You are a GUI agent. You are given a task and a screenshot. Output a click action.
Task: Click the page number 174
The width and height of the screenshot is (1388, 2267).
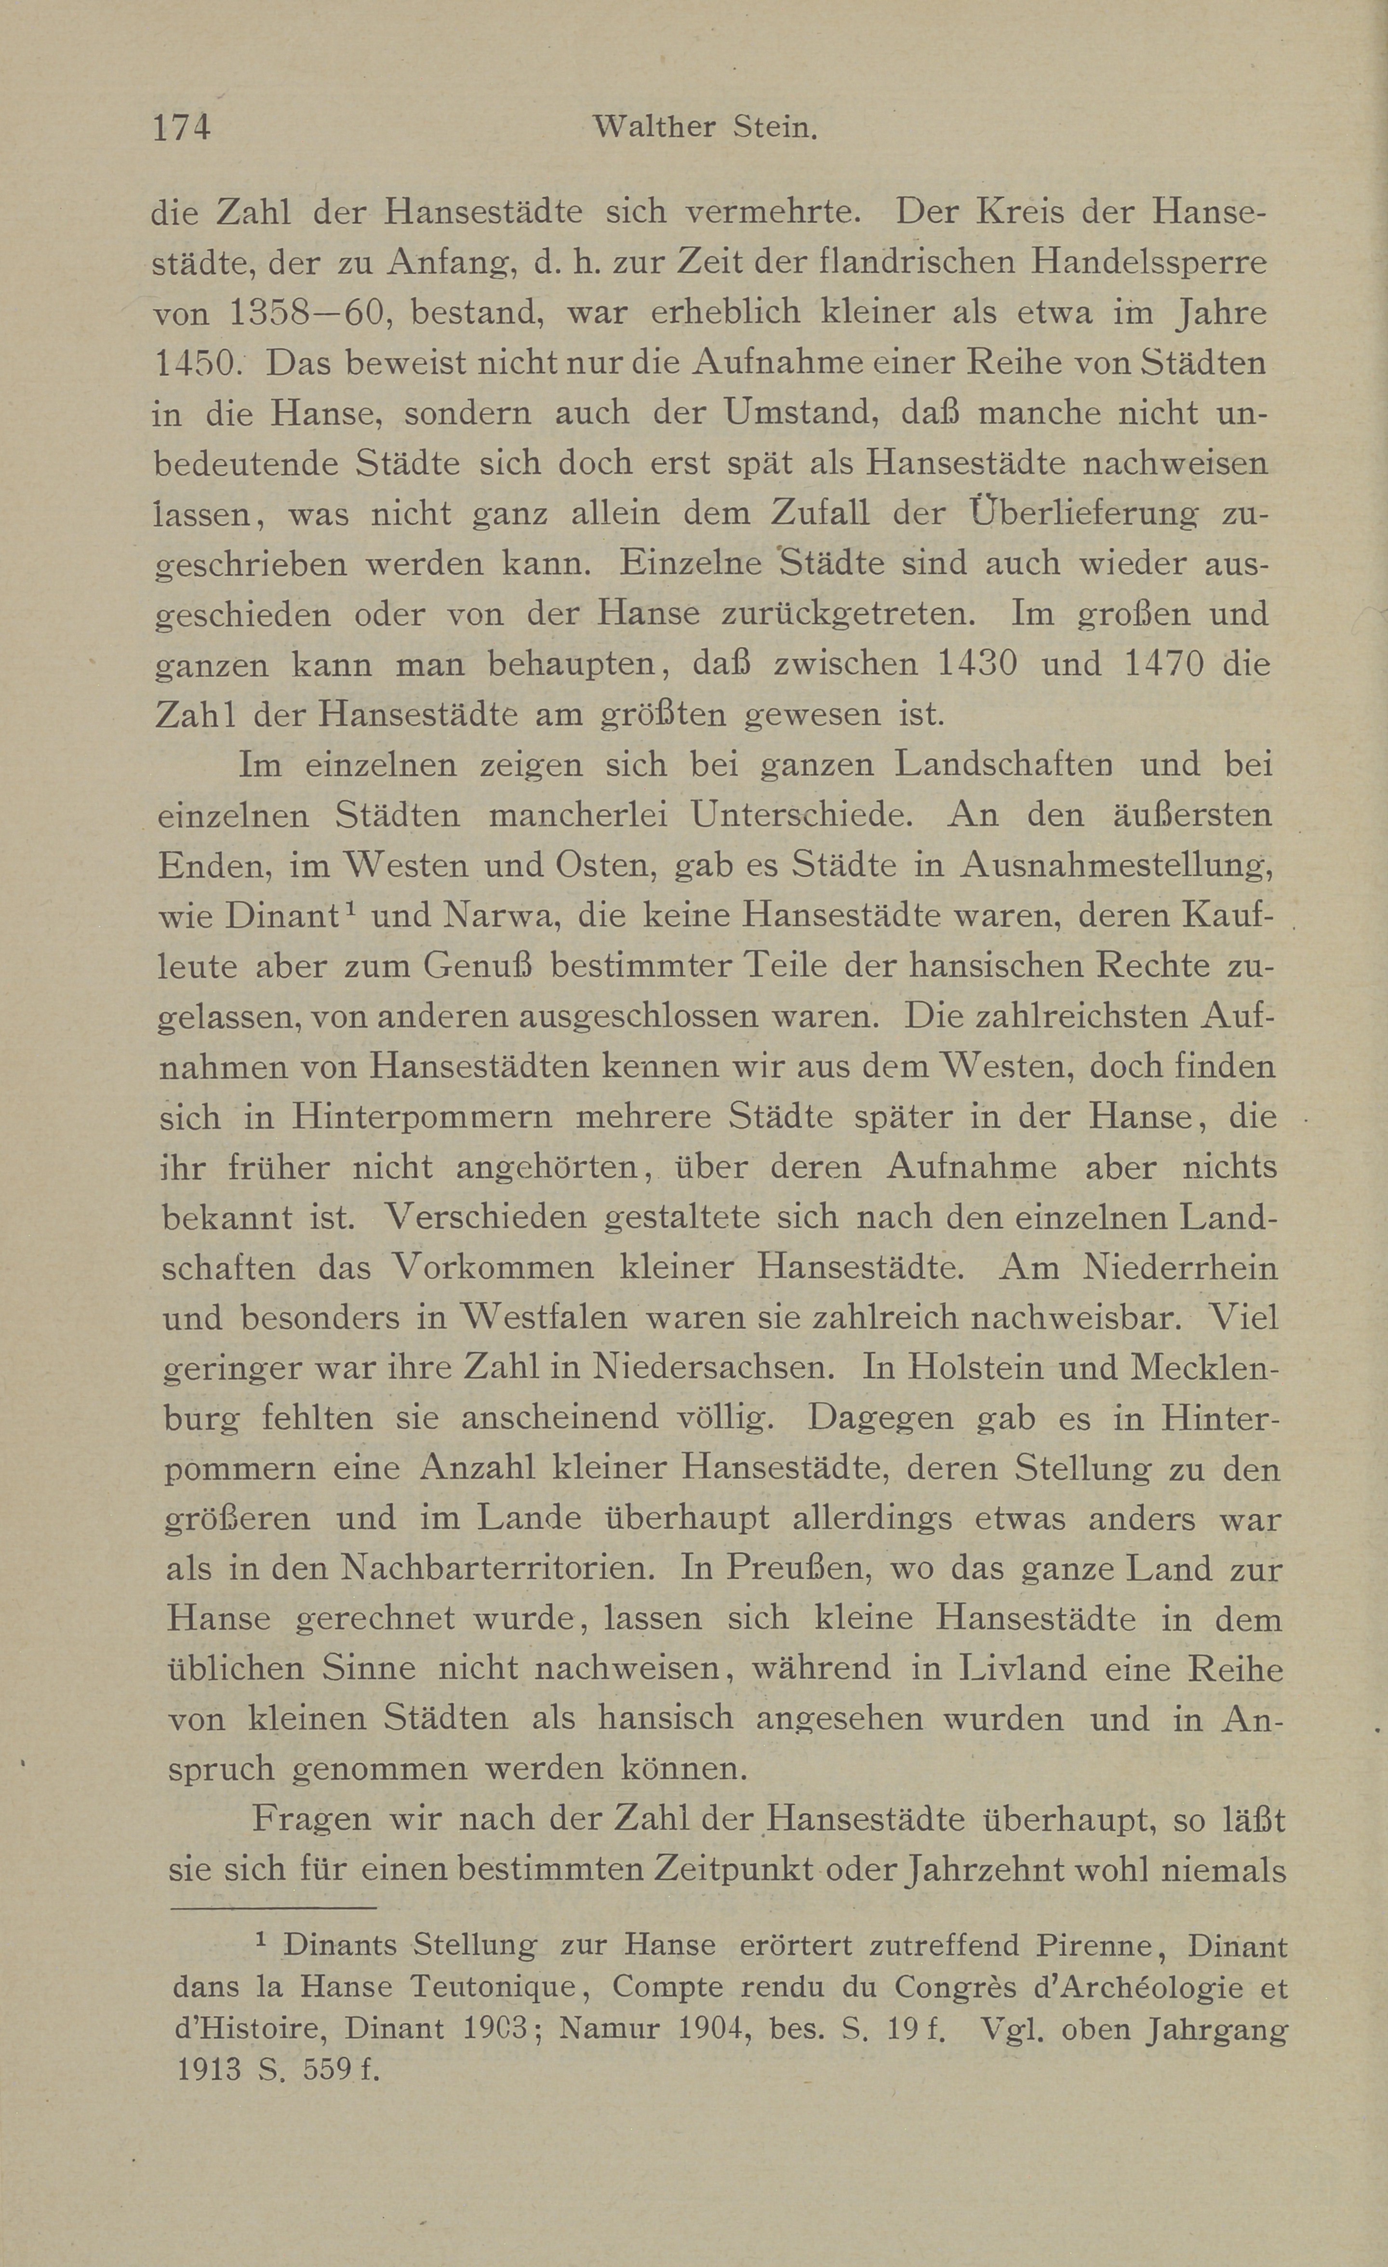[182, 127]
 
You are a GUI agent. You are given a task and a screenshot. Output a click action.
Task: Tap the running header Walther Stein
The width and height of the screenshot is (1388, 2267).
[706, 127]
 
